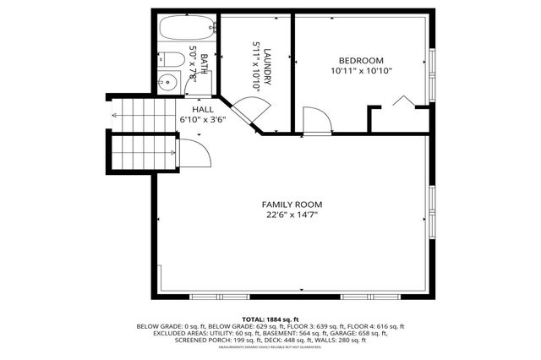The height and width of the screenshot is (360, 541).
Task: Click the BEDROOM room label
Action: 361,60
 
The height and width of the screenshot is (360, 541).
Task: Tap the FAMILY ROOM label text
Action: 292,205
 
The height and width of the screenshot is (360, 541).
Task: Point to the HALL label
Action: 203,110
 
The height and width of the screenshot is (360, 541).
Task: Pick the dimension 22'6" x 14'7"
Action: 292,215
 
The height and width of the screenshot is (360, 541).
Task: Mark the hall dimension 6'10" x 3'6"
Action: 203,120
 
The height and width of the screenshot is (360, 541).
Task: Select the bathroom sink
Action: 167,83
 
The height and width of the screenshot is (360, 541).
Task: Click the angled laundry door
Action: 251,111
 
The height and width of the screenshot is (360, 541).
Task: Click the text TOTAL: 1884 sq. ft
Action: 270,319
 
